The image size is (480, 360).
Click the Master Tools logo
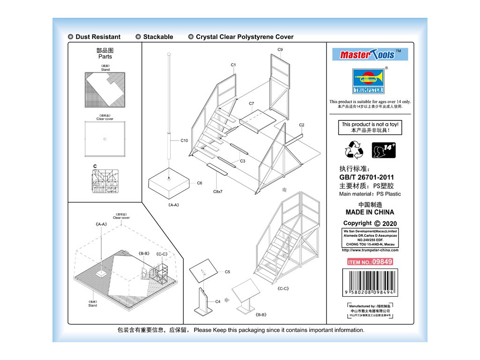tap(370, 54)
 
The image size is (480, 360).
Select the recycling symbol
tap(354, 150)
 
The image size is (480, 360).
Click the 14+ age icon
tap(383, 150)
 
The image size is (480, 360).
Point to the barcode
tap(370, 282)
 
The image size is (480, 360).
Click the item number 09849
tap(370, 262)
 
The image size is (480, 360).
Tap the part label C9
tap(280, 49)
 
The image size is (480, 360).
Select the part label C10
tap(184, 140)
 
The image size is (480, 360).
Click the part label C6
tap(199, 183)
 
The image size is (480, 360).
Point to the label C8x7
tap(217, 192)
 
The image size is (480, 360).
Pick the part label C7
tap(251, 103)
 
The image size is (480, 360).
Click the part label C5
tap(227, 271)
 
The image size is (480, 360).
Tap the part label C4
tap(217, 301)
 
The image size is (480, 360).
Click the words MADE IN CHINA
tap(370, 212)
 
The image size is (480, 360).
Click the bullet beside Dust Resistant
tap(70, 37)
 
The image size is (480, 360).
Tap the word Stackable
tap(158, 37)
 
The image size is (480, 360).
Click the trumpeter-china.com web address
tap(370, 250)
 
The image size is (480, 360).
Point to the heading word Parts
tap(105, 57)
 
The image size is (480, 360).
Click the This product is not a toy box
tap(370, 127)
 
